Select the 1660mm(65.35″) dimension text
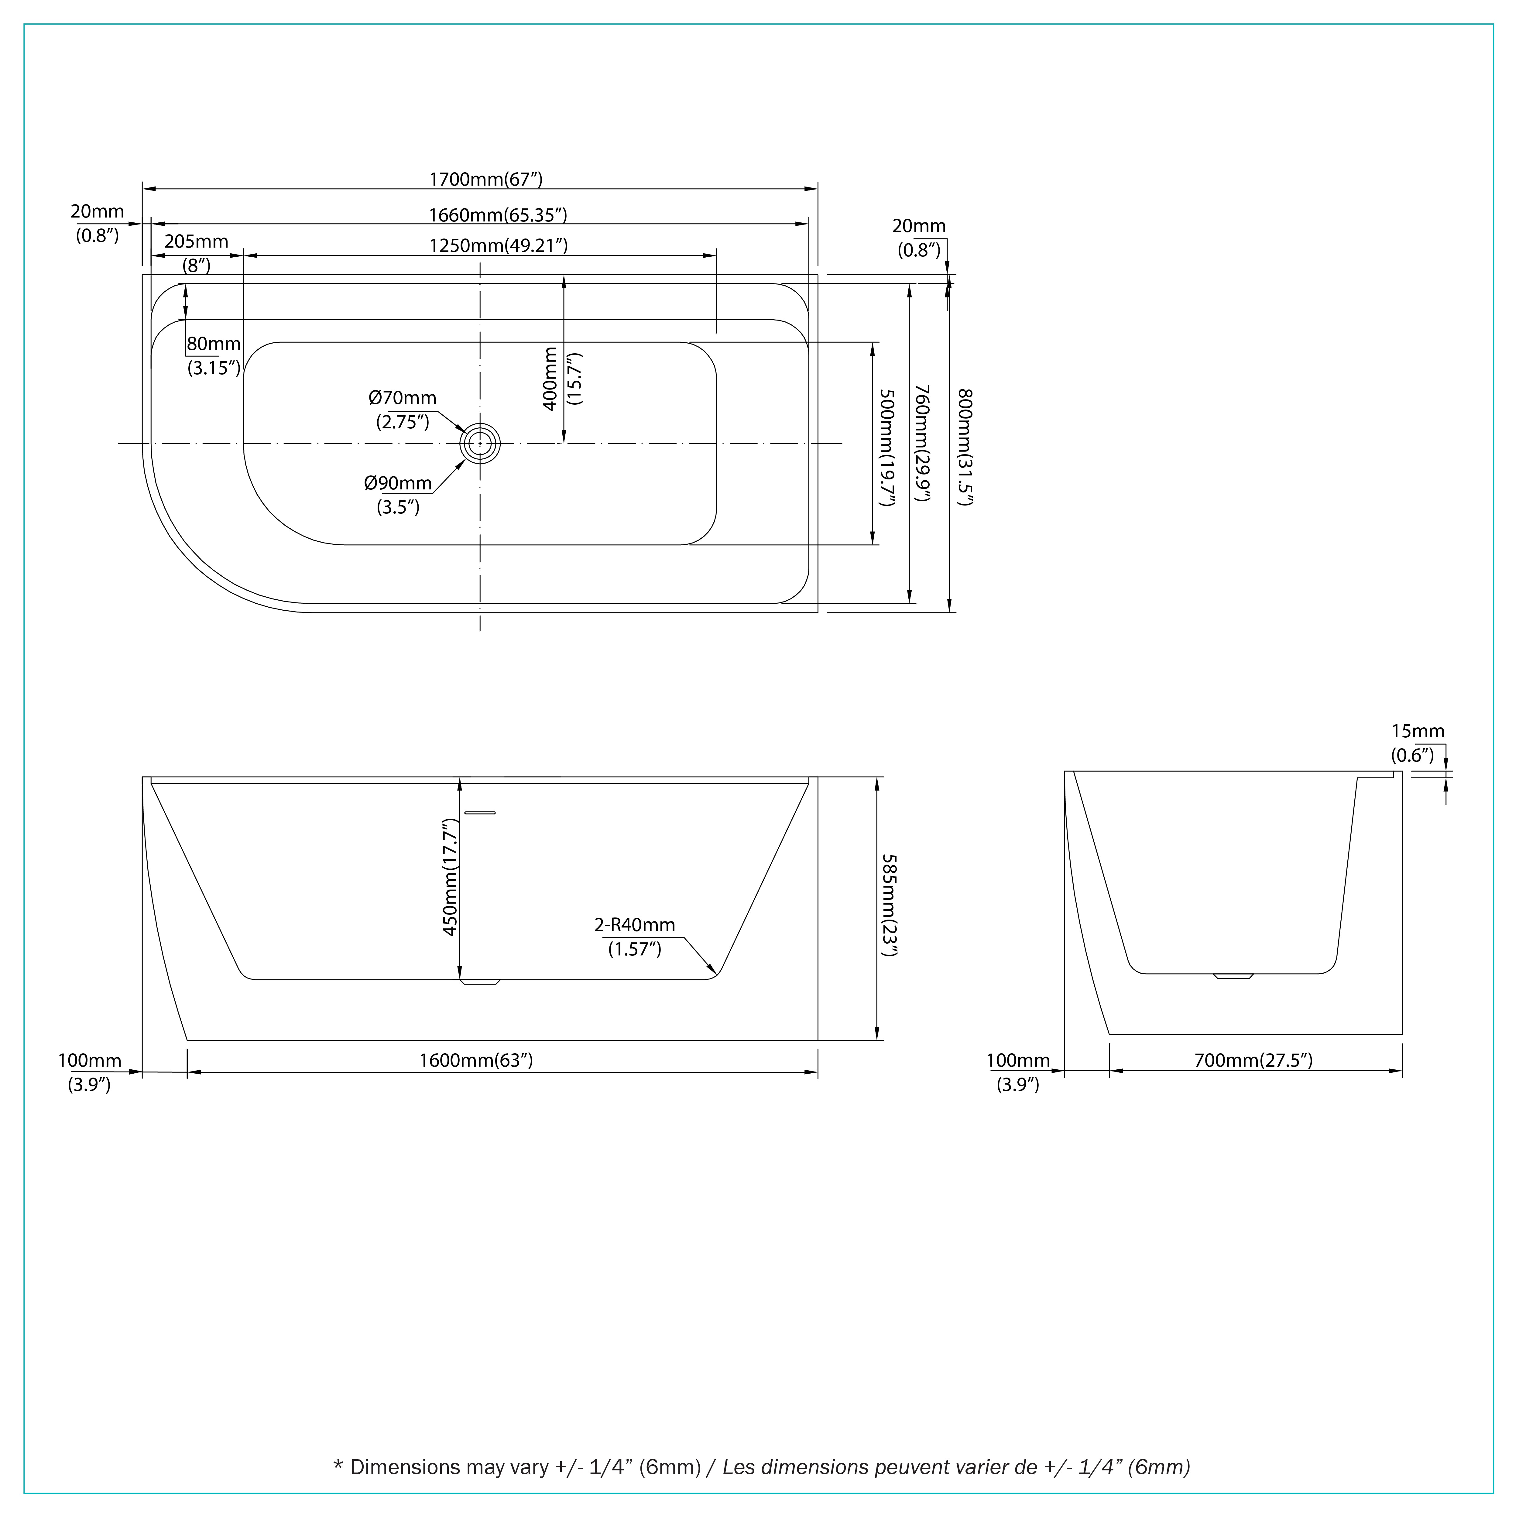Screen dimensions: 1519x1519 click(x=498, y=215)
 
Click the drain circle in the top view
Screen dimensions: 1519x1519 click(x=480, y=444)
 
